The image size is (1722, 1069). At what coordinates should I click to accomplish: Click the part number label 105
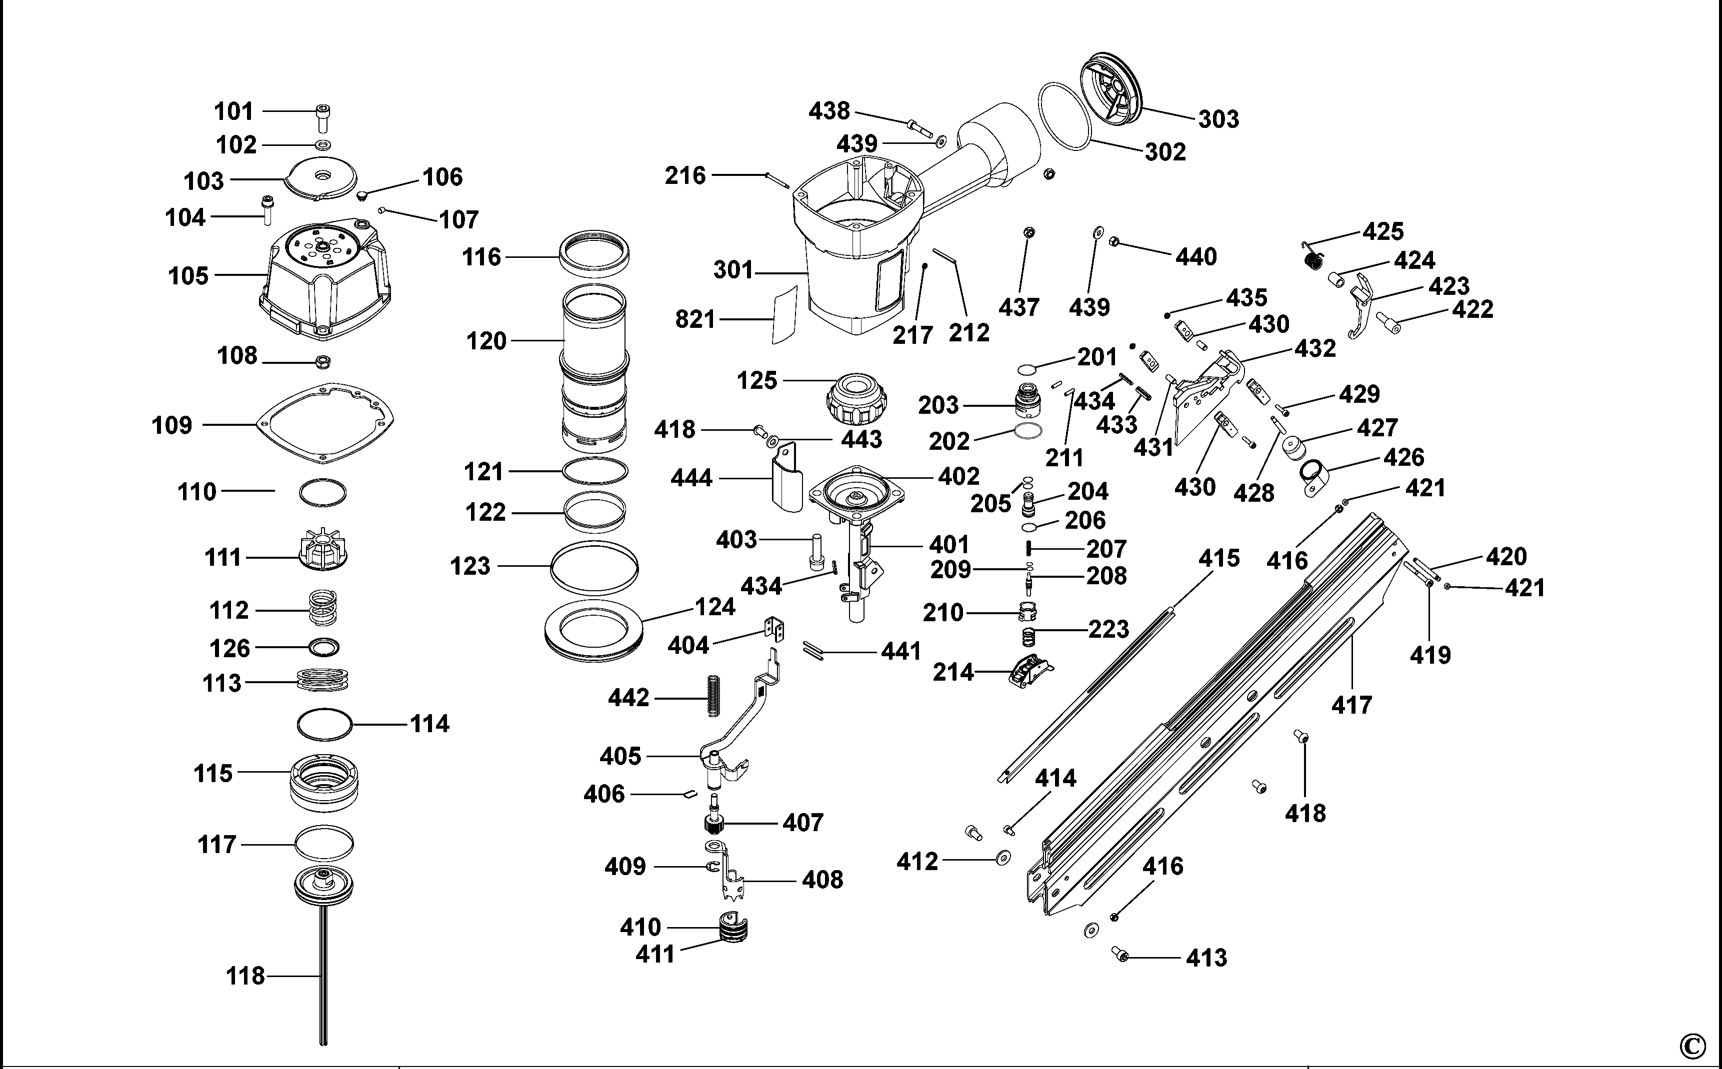pos(188,276)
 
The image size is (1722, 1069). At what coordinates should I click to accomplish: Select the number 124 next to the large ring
pos(715,607)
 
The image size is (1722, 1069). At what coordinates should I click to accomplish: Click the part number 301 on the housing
pos(733,270)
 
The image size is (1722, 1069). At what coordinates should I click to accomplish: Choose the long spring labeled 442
pos(714,696)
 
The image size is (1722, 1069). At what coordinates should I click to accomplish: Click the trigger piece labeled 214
pos(1029,671)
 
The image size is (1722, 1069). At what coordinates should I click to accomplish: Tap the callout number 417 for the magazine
pos(1351,705)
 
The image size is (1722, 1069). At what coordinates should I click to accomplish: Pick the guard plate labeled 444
pos(785,477)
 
